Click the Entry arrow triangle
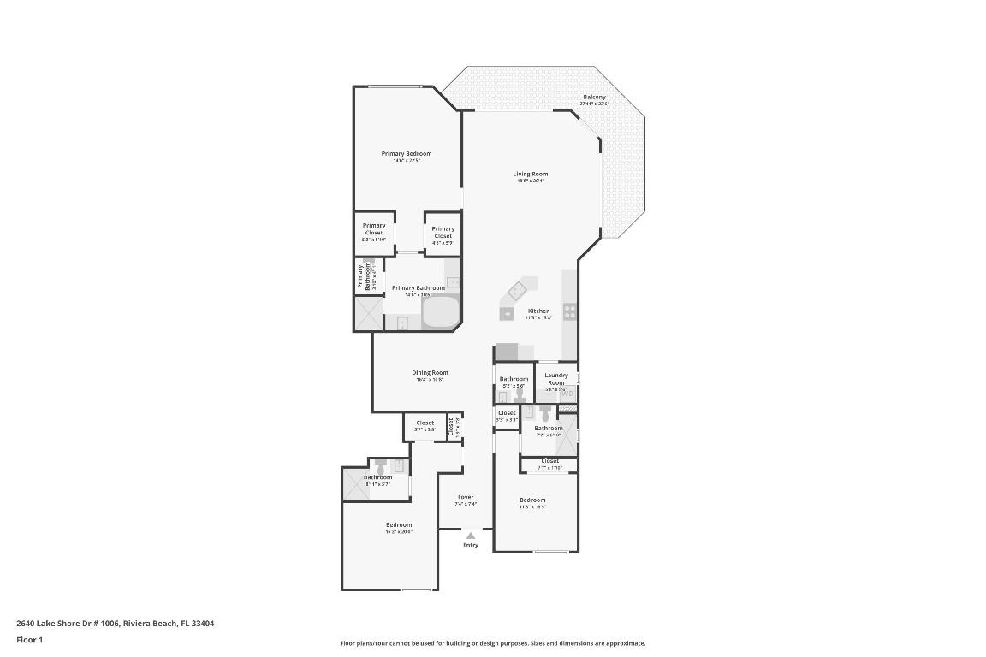[x=470, y=536]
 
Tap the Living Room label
[x=530, y=175]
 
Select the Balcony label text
[x=594, y=98]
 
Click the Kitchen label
[x=538, y=311]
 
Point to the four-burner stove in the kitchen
[x=569, y=311]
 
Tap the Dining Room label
[x=430, y=373]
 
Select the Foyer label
[x=465, y=497]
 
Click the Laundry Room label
[x=556, y=378]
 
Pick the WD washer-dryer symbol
[x=568, y=394]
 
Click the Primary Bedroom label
[x=407, y=154]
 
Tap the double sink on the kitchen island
[x=516, y=291]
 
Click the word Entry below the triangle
[x=471, y=546]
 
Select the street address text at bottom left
[x=115, y=624]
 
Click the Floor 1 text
[x=29, y=640]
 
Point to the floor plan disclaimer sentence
[x=492, y=643]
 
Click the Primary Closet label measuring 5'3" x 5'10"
[x=374, y=228]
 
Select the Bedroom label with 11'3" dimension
[x=532, y=500]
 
